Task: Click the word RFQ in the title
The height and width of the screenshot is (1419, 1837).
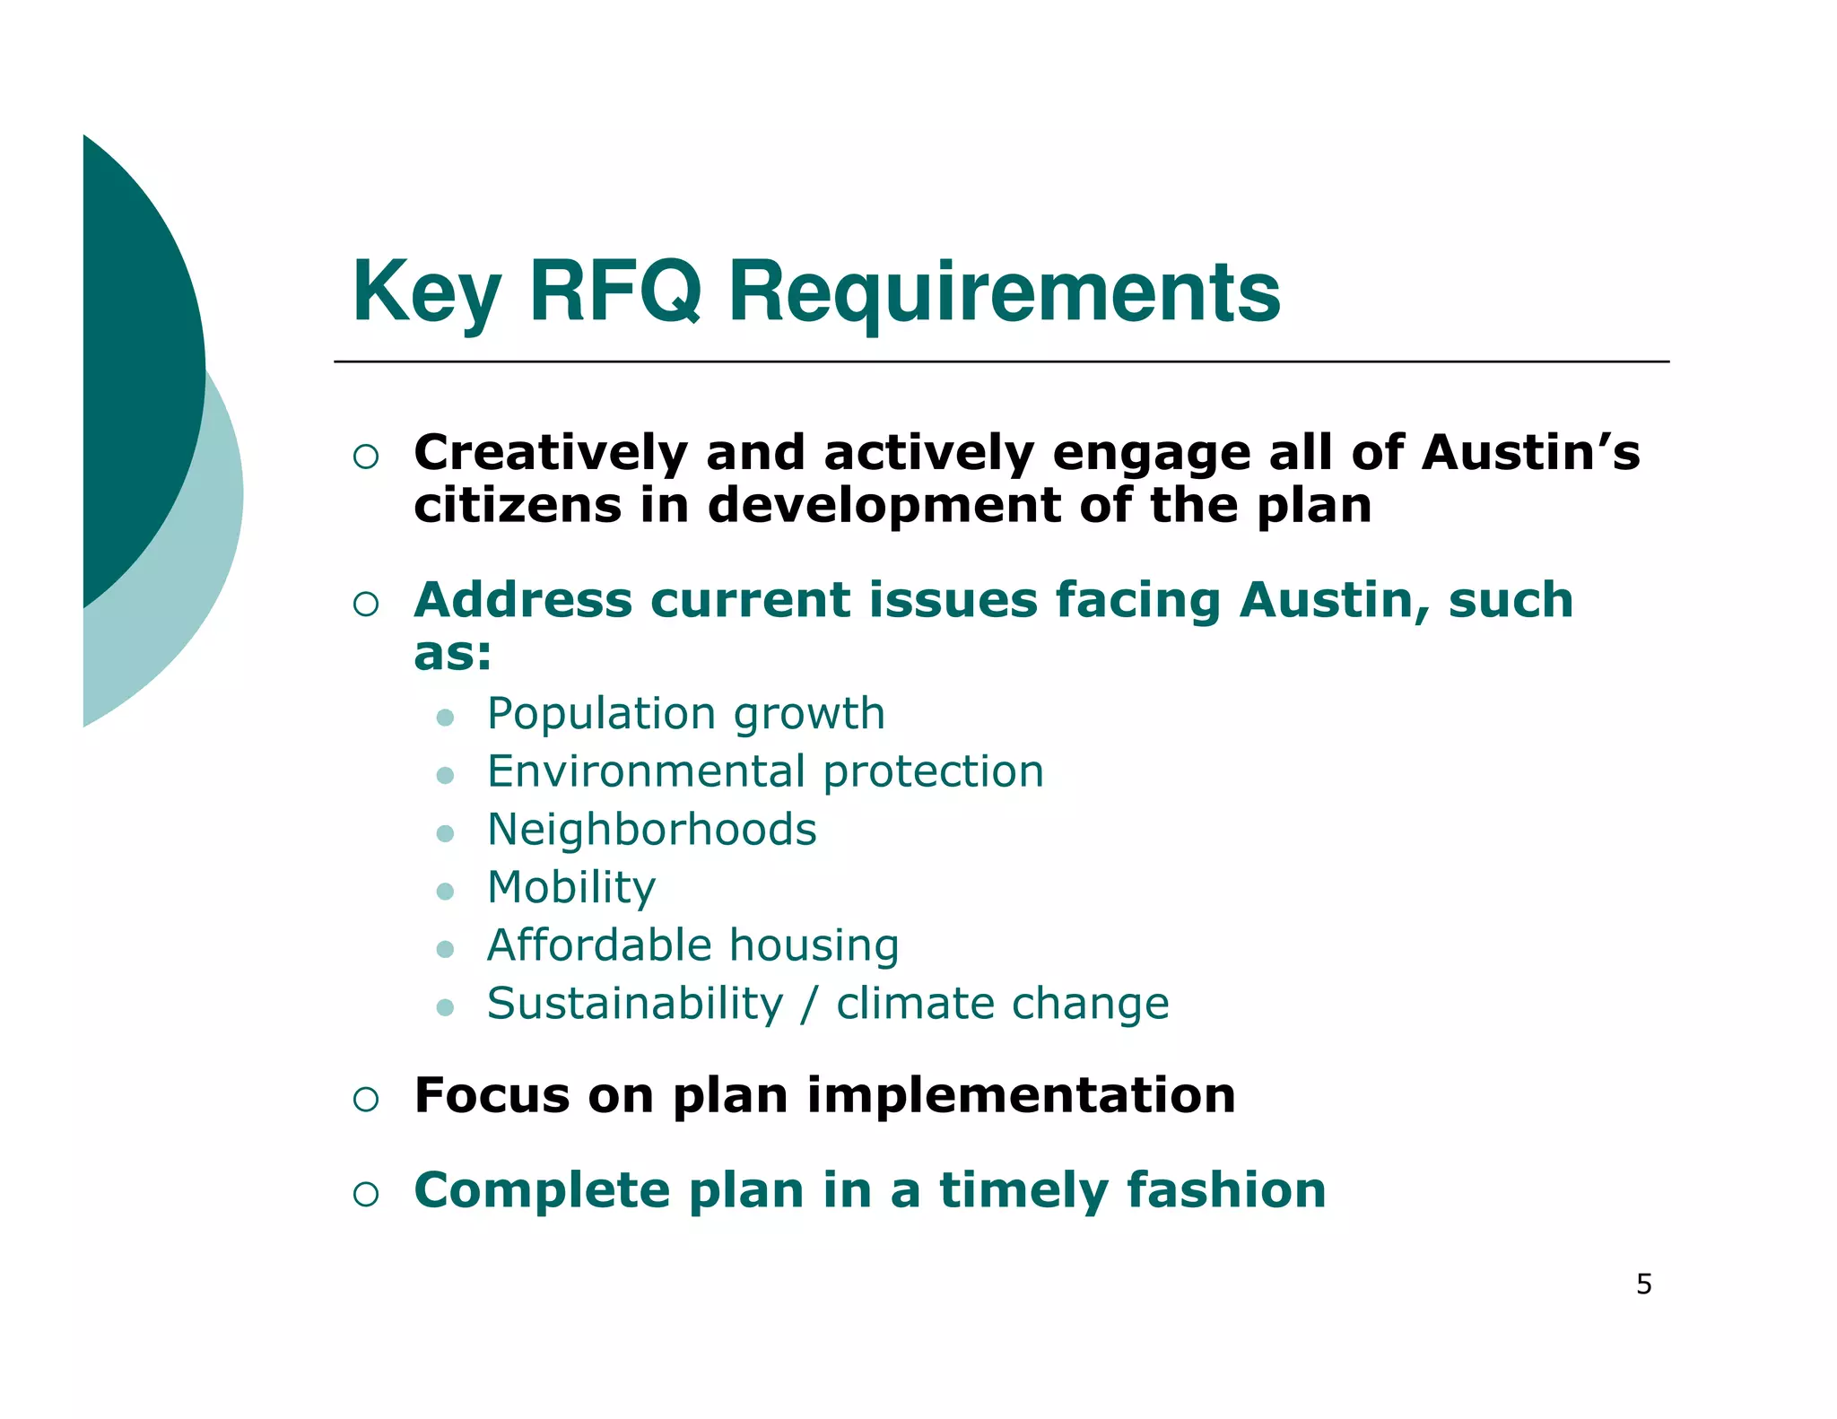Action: click(x=614, y=292)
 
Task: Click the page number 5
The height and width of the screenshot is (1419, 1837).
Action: click(x=1643, y=1284)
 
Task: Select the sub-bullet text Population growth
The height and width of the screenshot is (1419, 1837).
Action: click(x=685, y=715)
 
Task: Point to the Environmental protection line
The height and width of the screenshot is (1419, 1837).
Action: click(x=765, y=772)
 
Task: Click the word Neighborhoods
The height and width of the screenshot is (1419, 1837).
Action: click(x=651, y=830)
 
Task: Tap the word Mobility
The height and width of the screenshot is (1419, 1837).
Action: click(x=570, y=888)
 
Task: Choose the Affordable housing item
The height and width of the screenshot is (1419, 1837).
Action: click(x=692, y=945)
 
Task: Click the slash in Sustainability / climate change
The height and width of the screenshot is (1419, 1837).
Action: click(x=809, y=1004)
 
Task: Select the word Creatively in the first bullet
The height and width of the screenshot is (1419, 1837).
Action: click(x=549, y=453)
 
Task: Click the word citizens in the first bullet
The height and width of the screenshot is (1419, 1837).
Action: click(x=517, y=506)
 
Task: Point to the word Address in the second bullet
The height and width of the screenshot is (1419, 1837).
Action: click(x=522, y=600)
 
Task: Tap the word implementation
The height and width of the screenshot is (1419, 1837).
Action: click(x=1020, y=1096)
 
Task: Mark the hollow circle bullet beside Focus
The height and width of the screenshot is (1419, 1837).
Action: click(x=366, y=1099)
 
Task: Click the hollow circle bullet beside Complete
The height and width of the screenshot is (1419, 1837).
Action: click(x=366, y=1194)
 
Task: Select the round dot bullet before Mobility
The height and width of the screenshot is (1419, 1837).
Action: click(x=445, y=891)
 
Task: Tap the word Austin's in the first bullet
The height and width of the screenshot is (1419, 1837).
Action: click(x=1529, y=453)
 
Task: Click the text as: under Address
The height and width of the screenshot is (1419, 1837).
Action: click(x=452, y=654)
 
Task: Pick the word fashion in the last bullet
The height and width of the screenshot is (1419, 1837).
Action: click(x=1225, y=1191)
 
